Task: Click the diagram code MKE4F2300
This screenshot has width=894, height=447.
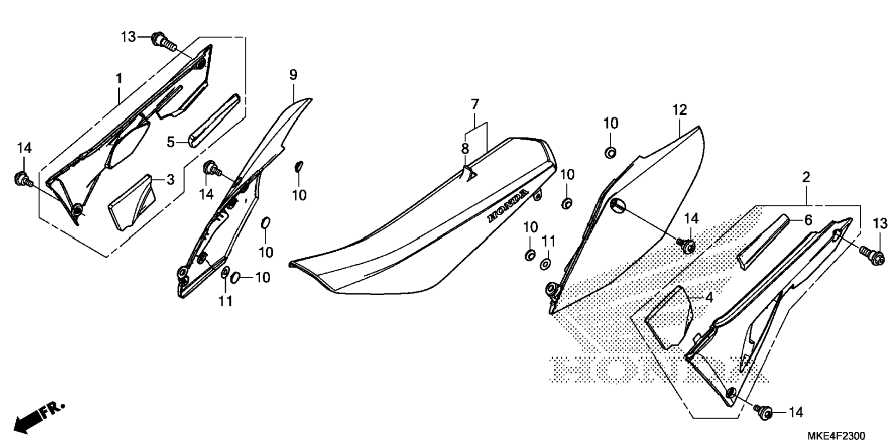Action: (836, 436)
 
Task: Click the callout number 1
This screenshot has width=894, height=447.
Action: (119, 79)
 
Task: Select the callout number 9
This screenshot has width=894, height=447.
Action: (293, 75)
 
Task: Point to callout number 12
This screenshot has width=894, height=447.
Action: (680, 110)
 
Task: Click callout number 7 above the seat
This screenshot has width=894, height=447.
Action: (475, 104)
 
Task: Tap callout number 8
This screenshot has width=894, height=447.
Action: (465, 149)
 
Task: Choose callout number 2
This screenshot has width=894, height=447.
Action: (806, 177)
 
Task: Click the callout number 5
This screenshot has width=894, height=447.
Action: (171, 142)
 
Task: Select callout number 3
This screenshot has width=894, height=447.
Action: (171, 179)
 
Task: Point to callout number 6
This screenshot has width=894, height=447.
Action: (808, 220)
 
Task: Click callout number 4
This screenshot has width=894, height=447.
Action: (709, 298)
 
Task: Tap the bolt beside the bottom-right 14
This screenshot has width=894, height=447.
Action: (763, 411)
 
